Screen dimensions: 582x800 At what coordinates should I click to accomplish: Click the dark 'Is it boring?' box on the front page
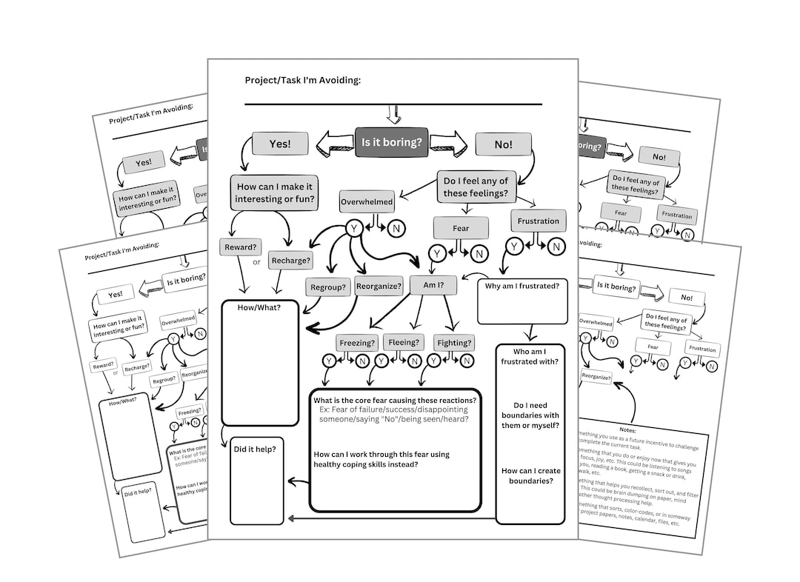click(391, 142)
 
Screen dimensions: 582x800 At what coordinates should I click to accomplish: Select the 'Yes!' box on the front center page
click(280, 144)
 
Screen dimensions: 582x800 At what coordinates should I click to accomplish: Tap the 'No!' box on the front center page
click(503, 144)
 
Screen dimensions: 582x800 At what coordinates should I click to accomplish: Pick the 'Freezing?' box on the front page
click(358, 343)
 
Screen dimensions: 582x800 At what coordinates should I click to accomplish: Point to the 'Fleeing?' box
click(405, 343)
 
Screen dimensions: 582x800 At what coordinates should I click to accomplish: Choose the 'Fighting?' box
click(453, 343)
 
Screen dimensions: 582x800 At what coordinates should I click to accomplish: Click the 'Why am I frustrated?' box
click(521, 285)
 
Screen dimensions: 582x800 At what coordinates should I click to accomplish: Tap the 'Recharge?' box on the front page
click(290, 261)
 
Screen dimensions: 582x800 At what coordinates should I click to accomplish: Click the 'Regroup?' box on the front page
click(328, 287)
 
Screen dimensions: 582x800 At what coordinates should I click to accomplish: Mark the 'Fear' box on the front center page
click(461, 228)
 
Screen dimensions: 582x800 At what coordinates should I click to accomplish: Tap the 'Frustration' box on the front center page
click(539, 221)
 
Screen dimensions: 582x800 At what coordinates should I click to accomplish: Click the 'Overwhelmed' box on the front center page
click(367, 201)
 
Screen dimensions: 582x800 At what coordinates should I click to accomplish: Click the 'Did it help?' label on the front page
click(256, 449)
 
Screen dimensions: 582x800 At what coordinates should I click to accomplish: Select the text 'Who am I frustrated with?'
click(530, 356)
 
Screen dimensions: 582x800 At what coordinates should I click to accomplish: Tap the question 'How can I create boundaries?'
click(530, 475)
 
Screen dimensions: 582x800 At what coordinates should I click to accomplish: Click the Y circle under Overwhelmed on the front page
click(354, 229)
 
